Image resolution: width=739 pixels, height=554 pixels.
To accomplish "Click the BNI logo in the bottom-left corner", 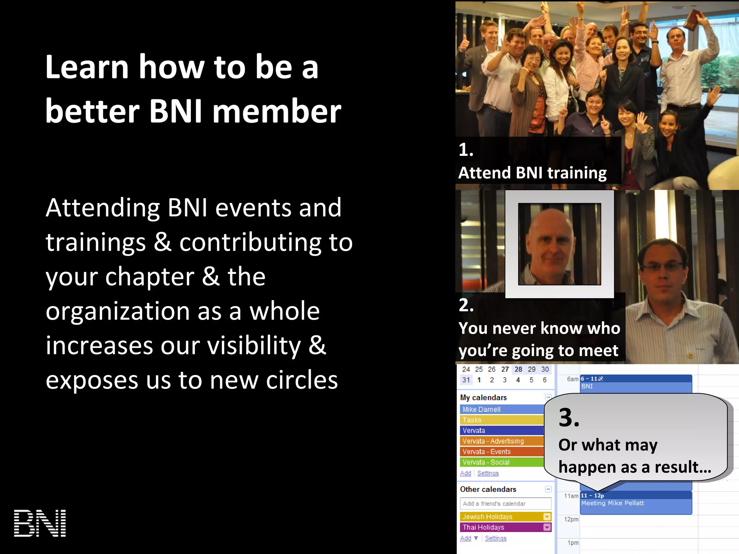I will [x=40, y=523].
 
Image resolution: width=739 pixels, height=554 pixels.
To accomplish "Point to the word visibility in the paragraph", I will [x=254, y=346].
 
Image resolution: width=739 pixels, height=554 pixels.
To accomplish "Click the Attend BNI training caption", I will [x=532, y=173].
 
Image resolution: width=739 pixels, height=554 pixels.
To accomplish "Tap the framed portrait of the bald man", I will [x=559, y=245].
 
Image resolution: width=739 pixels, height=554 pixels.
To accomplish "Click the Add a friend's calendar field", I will [x=505, y=504].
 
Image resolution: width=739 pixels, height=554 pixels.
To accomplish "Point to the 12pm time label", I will [x=571, y=519].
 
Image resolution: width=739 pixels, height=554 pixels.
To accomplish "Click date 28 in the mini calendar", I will [x=518, y=369].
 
